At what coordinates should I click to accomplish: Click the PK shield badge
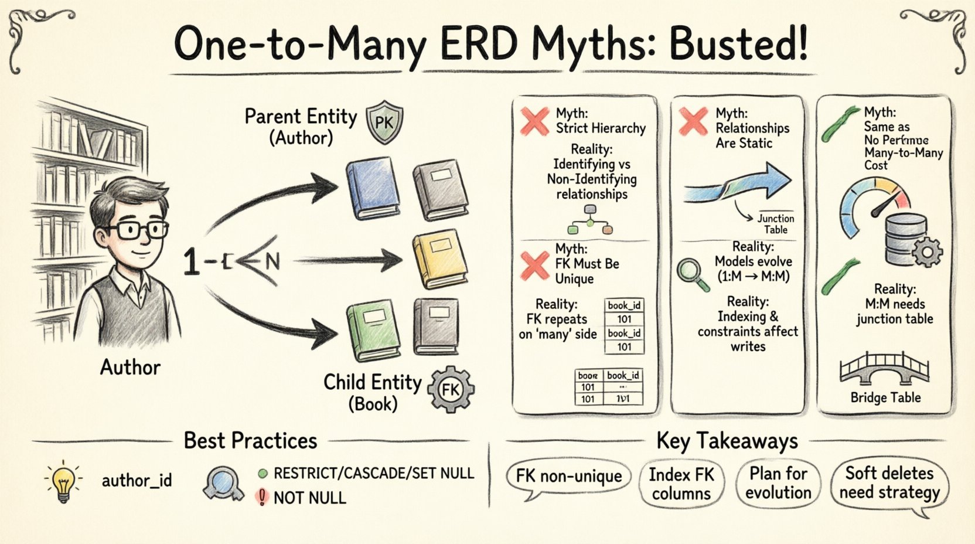point(384,122)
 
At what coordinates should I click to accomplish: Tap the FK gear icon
point(451,389)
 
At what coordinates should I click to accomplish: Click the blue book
point(373,188)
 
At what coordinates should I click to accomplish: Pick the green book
point(373,329)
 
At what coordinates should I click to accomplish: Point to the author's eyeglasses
point(141,230)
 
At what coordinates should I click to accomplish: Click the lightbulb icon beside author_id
point(63,481)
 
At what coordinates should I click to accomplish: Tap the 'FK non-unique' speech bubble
point(568,476)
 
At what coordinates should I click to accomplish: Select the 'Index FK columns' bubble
point(681,483)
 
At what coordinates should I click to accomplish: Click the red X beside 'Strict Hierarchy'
point(534,121)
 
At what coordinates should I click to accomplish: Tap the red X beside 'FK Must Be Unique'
point(535,265)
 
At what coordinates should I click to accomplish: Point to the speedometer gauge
point(874,205)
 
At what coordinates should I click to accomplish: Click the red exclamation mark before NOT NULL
point(262,498)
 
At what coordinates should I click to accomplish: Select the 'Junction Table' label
point(775,224)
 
